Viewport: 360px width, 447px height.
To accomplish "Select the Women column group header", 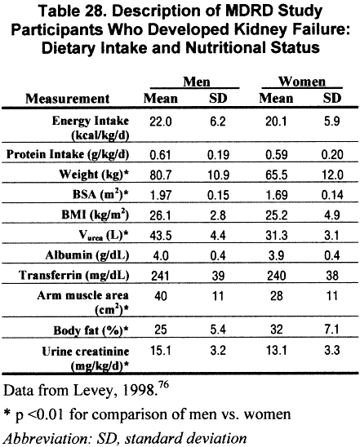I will point(298,82).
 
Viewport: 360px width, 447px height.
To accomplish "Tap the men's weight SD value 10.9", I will point(223,175).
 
